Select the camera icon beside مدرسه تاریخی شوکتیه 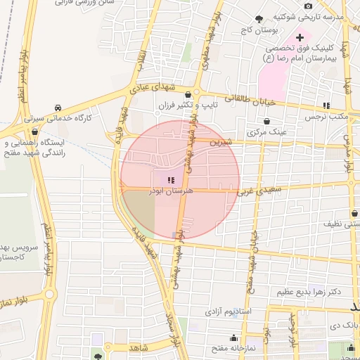(x=308, y=6)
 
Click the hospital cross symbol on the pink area (x=300, y=37)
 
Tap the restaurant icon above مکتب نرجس (x=326, y=105)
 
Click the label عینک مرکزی (x=268, y=131)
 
